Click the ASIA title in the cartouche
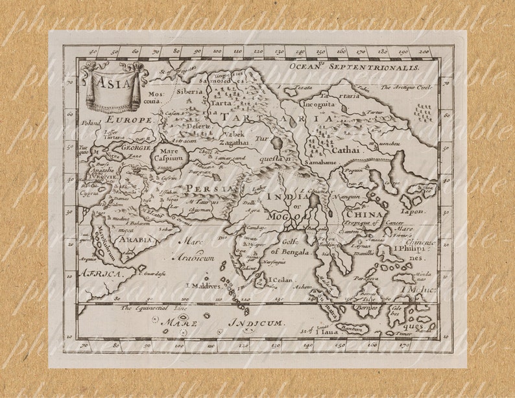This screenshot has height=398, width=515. point(108,81)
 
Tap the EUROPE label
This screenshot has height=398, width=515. point(130,120)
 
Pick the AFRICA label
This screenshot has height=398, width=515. point(100,275)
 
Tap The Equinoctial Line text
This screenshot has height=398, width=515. point(150,308)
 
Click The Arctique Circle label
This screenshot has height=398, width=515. point(405,86)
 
